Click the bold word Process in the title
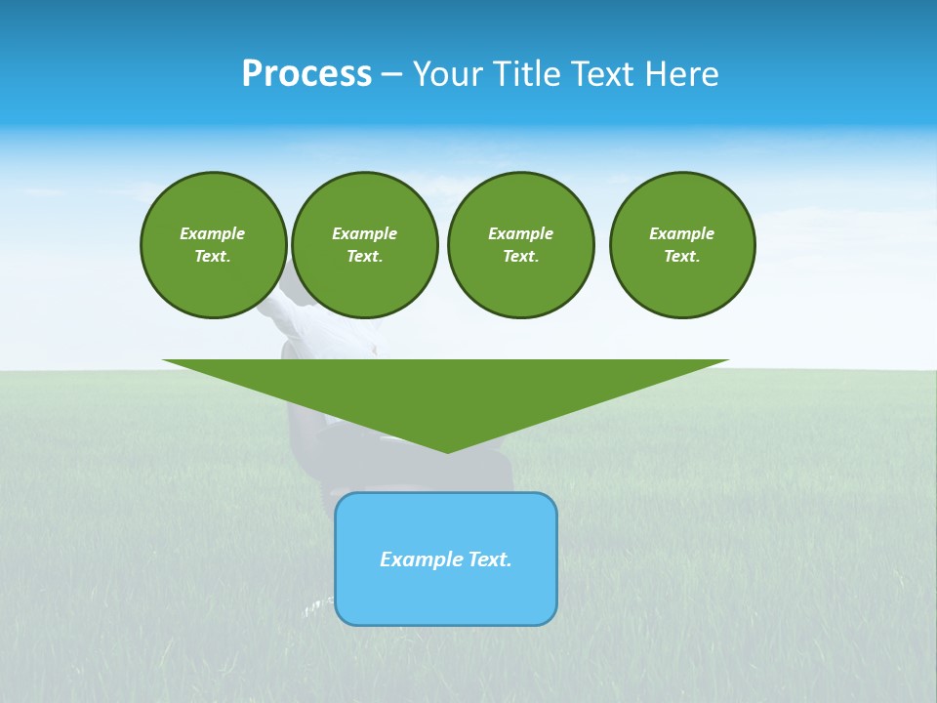coord(306,74)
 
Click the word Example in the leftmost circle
coord(213,233)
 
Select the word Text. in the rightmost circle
coord(682,257)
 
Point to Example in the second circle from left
coord(365,233)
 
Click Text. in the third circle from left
coord(520,257)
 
